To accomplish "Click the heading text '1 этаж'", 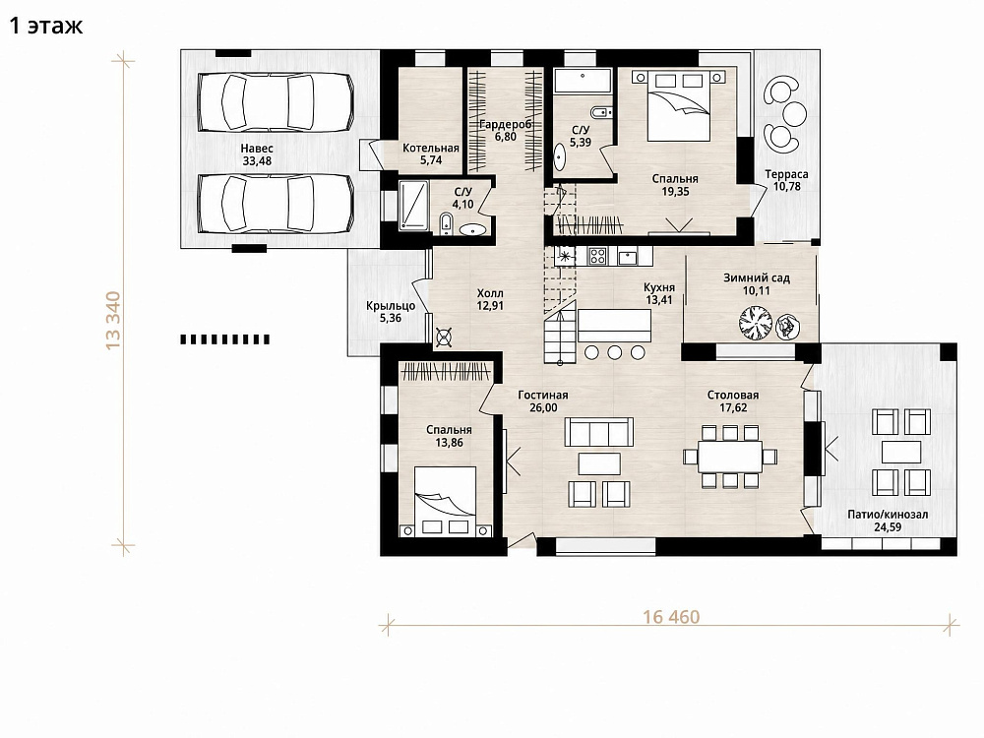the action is (x=46, y=26).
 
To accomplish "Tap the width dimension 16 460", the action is (x=671, y=617).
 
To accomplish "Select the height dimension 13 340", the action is (x=113, y=320).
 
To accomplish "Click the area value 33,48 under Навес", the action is (x=257, y=161).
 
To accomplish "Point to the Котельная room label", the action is (x=431, y=149).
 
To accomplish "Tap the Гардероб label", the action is (x=506, y=124).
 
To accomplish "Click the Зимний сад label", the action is (x=756, y=277).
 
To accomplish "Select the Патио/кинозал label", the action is (x=888, y=515).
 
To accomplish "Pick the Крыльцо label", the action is (x=391, y=306).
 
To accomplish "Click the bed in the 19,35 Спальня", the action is (x=678, y=105).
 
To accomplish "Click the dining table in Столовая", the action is (x=730, y=457).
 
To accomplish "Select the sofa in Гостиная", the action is (x=598, y=432).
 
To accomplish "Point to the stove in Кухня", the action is (x=597, y=256).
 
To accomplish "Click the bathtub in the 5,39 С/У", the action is (x=583, y=81).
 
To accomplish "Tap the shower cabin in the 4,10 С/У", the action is (x=413, y=205).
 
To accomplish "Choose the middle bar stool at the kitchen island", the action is (x=614, y=352).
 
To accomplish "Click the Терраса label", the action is (x=786, y=174).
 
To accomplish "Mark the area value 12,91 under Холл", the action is (x=490, y=306).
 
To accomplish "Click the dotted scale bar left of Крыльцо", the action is (x=225, y=339).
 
